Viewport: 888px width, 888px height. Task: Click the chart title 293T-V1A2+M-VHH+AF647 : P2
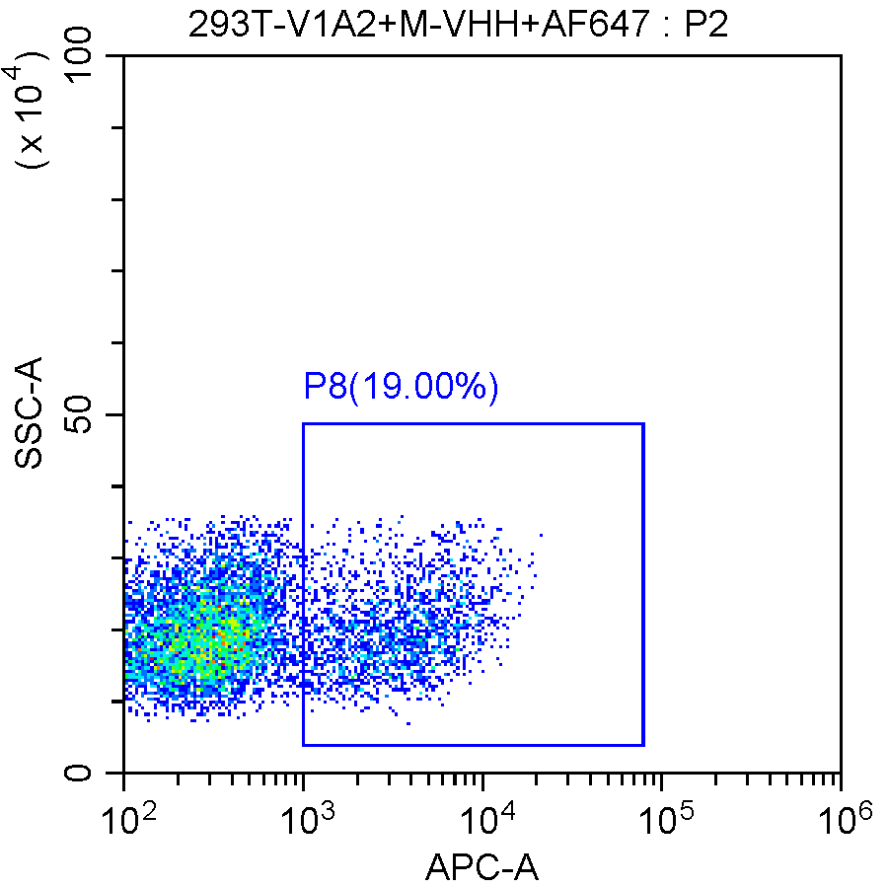tap(459, 23)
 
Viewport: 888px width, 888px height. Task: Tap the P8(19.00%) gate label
tap(401, 387)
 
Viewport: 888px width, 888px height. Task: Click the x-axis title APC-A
tap(482, 867)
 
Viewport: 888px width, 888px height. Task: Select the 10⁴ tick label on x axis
tap(481, 816)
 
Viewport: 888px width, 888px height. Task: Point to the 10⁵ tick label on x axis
tap(660, 816)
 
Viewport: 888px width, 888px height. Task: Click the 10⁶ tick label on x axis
tap(840, 816)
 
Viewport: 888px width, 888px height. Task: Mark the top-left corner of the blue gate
tap(303, 423)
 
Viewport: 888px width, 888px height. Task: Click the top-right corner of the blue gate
tap(643, 423)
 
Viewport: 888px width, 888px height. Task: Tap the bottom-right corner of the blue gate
tap(643, 745)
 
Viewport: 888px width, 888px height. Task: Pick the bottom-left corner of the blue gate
tap(303, 745)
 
